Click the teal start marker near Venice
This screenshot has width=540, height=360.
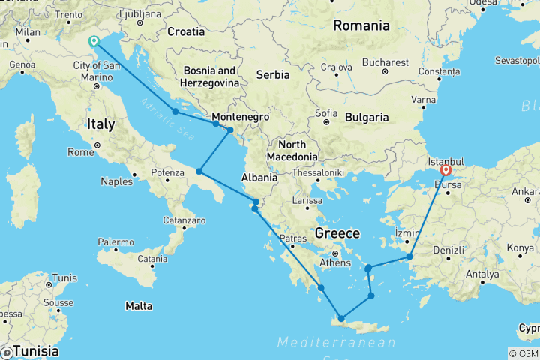point(94,42)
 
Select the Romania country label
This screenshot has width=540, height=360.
point(361,25)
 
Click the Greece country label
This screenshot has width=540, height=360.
point(337,232)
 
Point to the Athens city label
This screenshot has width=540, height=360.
point(335,262)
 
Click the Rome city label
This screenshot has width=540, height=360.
point(80,152)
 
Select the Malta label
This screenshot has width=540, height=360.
point(139,305)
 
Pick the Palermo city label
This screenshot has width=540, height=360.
point(116,242)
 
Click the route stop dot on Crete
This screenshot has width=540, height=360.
point(341,319)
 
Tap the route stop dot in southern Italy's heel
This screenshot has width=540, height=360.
point(199,172)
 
